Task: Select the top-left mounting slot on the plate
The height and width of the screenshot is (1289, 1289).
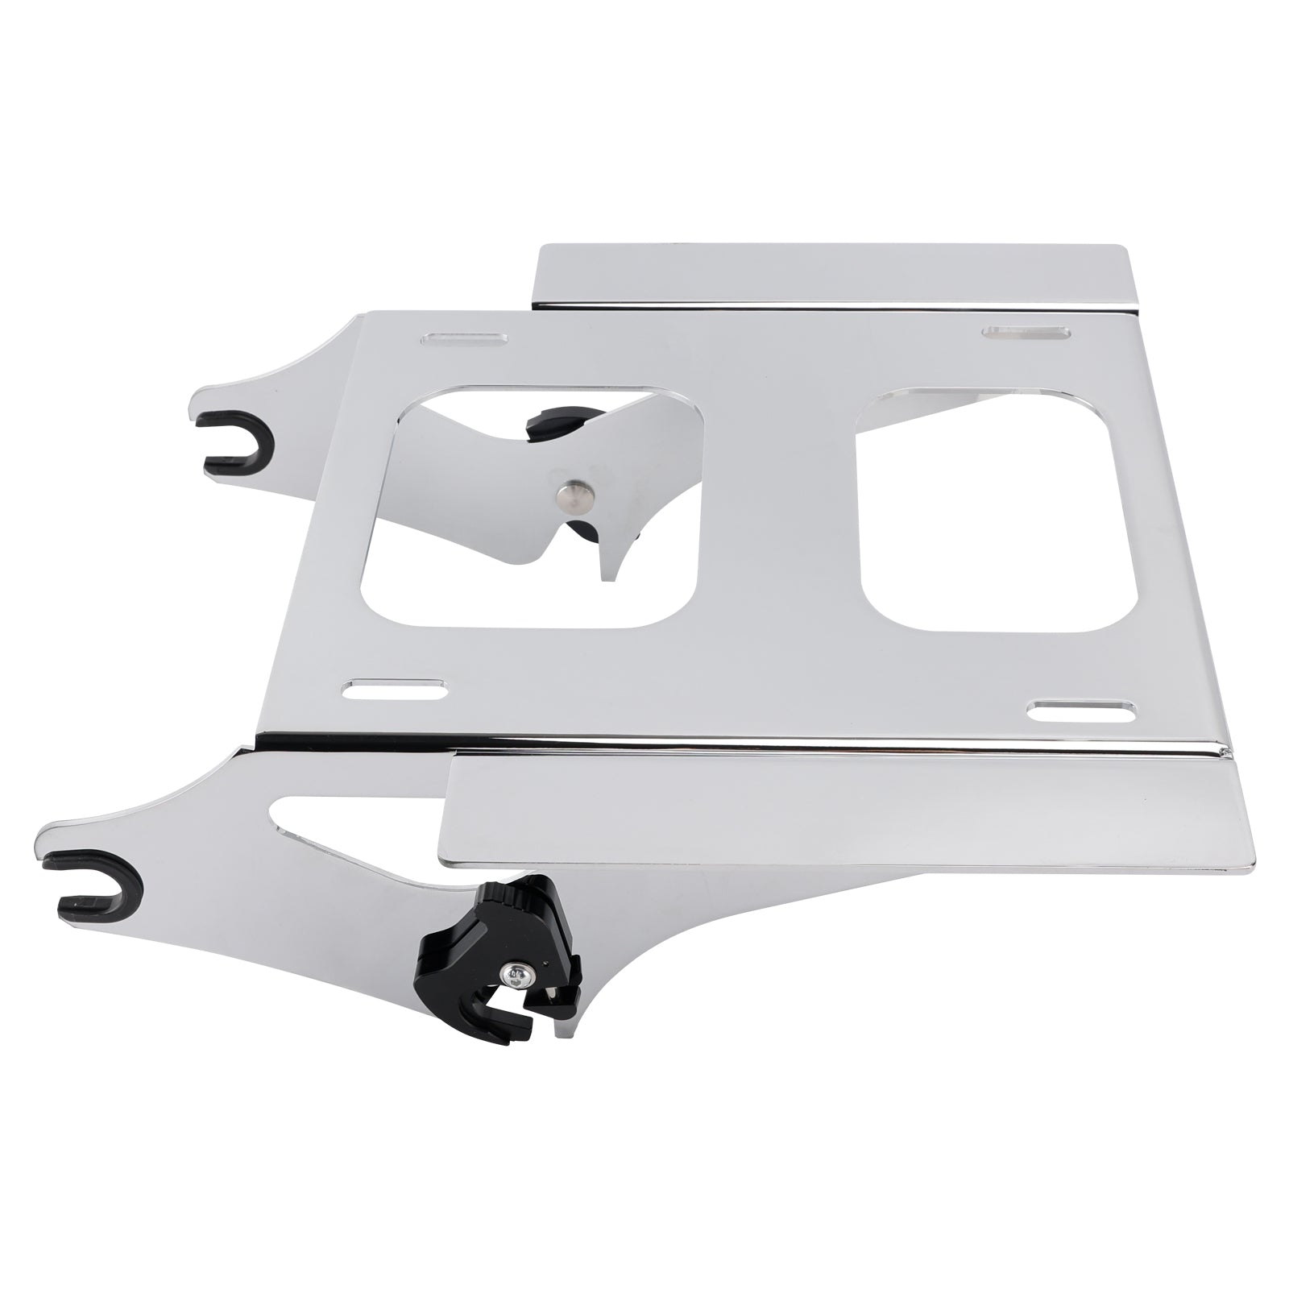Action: [x=463, y=338]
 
